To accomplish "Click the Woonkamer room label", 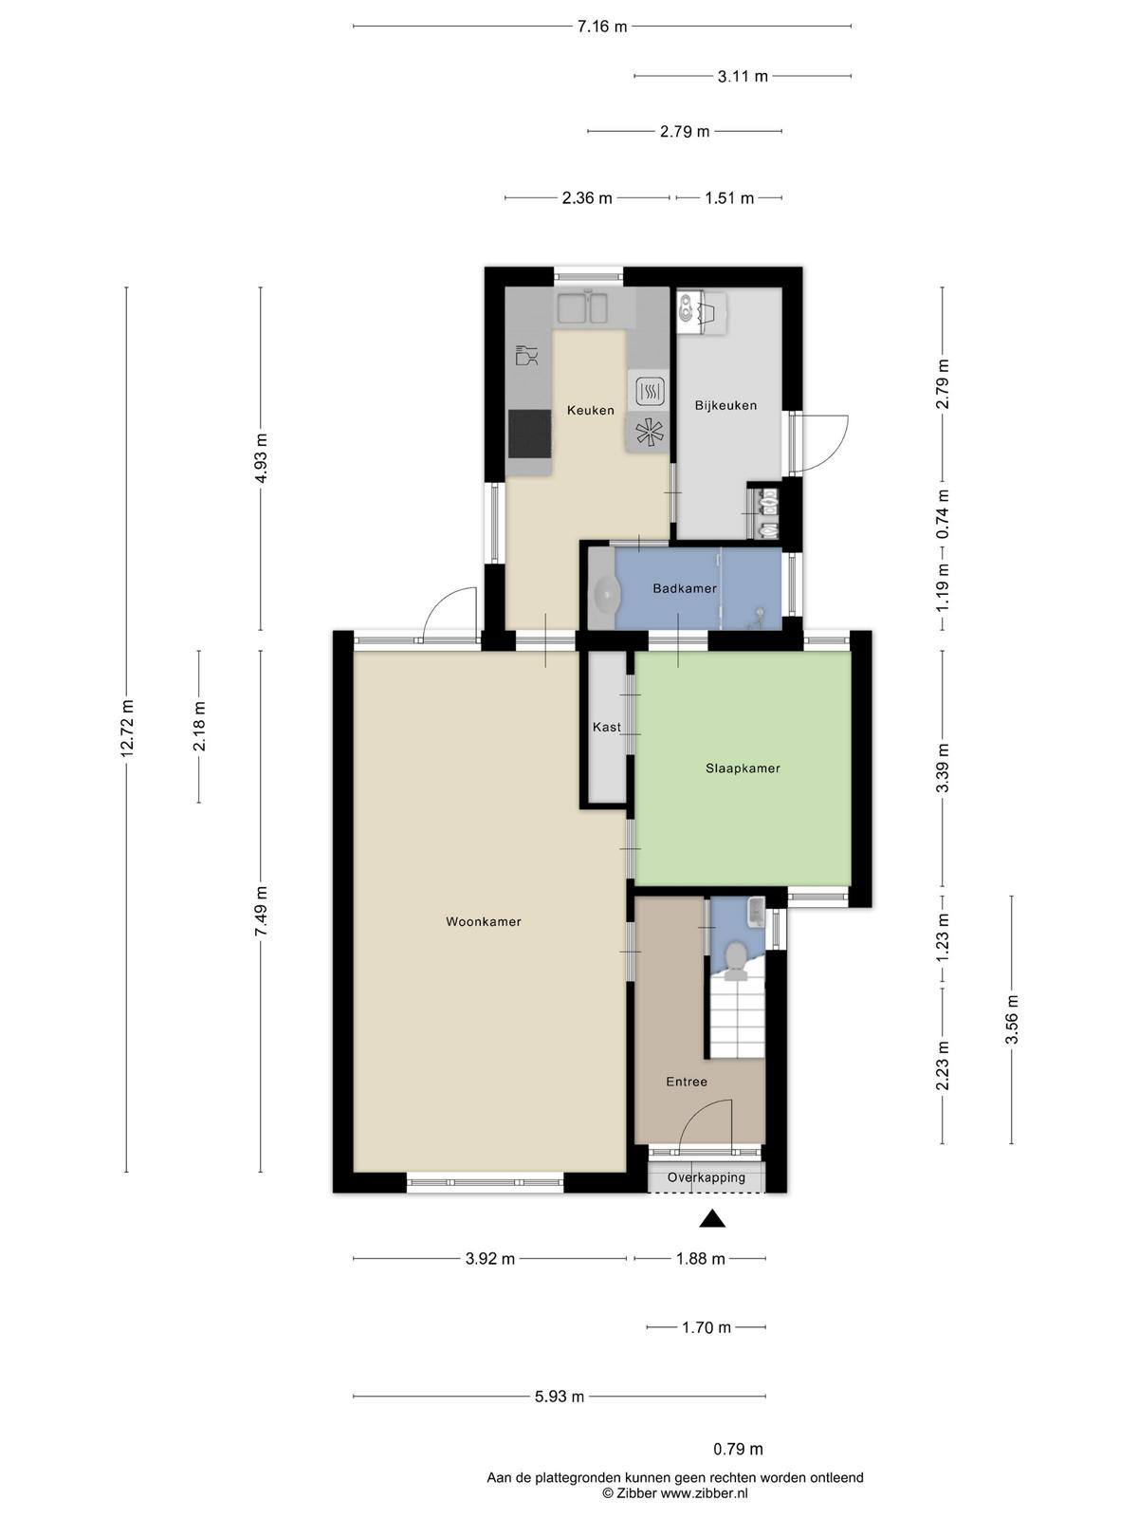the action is click(x=483, y=922).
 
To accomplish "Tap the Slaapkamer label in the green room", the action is click(x=743, y=768).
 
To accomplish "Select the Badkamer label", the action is click(x=685, y=588).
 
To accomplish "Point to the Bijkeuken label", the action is click(x=725, y=405).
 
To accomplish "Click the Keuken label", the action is click(x=591, y=410).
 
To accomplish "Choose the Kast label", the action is click(x=607, y=727).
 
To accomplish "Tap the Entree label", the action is click(x=687, y=1082).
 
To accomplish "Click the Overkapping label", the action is click(x=707, y=1177).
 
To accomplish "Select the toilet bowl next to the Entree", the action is click(x=735, y=963).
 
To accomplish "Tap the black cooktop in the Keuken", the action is click(x=530, y=434).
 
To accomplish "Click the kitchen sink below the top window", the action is click(x=582, y=308).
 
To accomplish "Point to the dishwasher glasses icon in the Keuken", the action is click(x=526, y=355).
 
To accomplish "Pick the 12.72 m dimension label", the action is click(x=126, y=729).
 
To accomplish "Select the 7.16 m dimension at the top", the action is click(x=602, y=27).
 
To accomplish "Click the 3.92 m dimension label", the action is click(x=490, y=1259).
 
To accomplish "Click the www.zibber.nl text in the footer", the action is click(x=704, y=1493).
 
